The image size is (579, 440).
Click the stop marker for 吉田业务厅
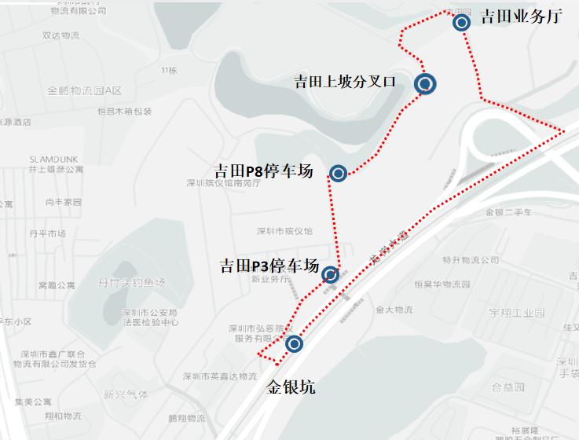pyautogui.click(x=462, y=22)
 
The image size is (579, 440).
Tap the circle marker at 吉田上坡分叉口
pyautogui.click(x=425, y=83)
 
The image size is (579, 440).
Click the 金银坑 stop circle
pyautogui.click(x=294, y=344)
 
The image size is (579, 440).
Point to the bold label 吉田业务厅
pyautogui.click(x=521, y=16)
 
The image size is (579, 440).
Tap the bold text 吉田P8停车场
pyautogui.click(x=264, y=171)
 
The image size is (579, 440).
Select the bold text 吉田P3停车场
pyautogui.click(x=269, y=265)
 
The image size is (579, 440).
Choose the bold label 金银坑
pyautogui.click(x=291, y=387)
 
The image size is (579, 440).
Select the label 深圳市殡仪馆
pyautogui.click(x=284, y=231)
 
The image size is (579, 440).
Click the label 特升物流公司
pyautogui.click(x=470, y=260)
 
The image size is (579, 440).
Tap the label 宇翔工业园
pyautogui.click(x=517, y=313)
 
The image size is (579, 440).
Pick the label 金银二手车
pyautogui.click(x=509, y=212)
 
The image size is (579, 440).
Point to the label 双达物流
pyautogui.click(x=61, y=35)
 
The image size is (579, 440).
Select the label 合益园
pyautogui.click(x=508, y=387)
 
